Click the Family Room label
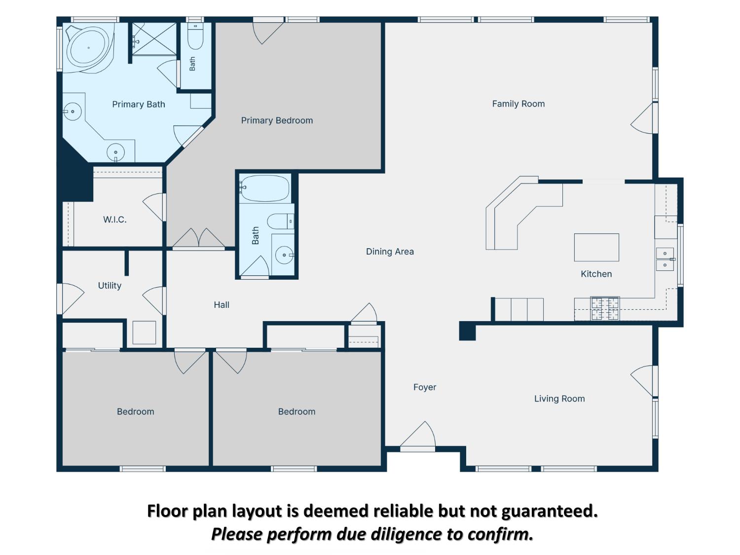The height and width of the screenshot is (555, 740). click(x=518, y=104)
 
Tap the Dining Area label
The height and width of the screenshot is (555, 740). click(x=390, y=252)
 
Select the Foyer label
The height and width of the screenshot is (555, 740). click(x=424, y=387)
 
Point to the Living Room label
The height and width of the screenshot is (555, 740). click(x=559, y=399)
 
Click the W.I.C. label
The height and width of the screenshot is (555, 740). click(x=114, y=220)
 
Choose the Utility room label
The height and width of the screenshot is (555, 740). click(x=110, y=286)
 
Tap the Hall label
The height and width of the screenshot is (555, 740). click(x=222, y=304)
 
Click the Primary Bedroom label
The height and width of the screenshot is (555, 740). click(x=277, y=121)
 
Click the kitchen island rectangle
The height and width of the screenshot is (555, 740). click(x=596, y=247)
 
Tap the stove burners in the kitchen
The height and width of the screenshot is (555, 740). click(x=605, y=308)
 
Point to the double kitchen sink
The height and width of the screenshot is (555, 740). click(x=665, y=259)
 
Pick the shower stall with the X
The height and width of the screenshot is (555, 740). click(x=154, y=39)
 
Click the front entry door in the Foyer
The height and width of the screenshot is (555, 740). click(x=418, y=437)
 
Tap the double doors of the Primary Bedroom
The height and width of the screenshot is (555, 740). click(x=199, y=239)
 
